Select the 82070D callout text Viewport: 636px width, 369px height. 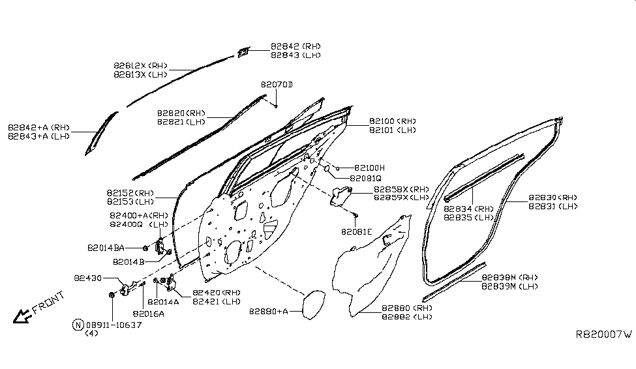(277, 85)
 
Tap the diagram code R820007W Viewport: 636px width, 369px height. (603, 334)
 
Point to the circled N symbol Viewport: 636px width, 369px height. (78, 325)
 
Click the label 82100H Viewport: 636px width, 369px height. (369, 168)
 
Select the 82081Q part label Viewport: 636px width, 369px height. (365, 178)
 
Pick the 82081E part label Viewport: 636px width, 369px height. (356, 231)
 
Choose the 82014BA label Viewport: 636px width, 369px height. (105, 248)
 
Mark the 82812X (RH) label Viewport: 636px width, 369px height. (140, 66)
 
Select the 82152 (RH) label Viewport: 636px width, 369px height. (130, 193)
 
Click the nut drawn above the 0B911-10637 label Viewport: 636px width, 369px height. (111, 295)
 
